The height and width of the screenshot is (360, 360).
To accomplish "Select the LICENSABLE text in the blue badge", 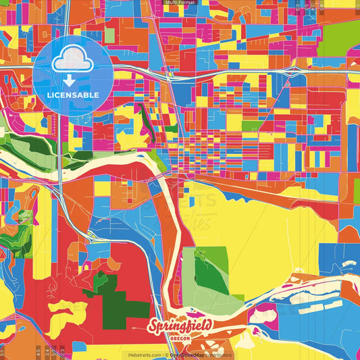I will coord(73,95).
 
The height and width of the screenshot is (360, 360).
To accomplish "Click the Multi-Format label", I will coord(180,3).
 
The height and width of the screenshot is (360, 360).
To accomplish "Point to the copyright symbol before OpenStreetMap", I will coord(166,355).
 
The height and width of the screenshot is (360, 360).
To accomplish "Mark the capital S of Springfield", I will coord(155,328).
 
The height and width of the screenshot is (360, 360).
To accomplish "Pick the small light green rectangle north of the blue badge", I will coord(109,34).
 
